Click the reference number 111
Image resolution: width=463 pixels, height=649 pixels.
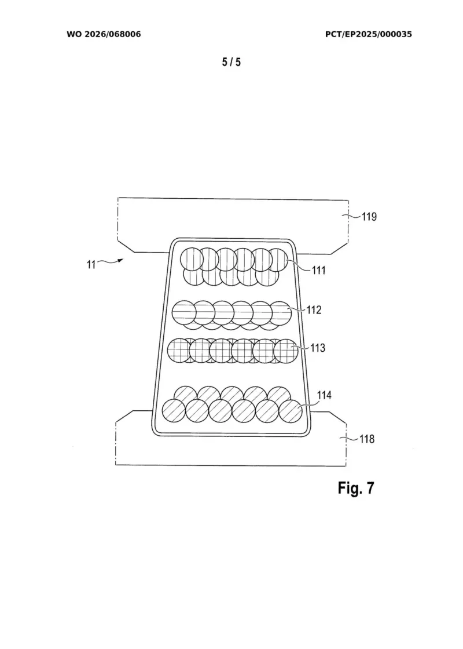(x=319, y=270)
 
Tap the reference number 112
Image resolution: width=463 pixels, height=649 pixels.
(x=314, y=310)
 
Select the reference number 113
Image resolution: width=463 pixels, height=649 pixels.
(x=318, y=348)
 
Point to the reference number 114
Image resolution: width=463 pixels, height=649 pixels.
(x=324, y=395)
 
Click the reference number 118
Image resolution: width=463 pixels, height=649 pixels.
(x=367, y=439)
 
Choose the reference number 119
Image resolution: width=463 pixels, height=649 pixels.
(x=369, y=217)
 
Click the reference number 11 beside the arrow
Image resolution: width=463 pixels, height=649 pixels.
(x=91, y=264)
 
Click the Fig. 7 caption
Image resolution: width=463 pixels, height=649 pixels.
(x=356, y=488)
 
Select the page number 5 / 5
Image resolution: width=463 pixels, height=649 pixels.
(x=231, y=62)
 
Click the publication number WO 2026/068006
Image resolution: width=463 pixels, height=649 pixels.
(x=104, y=34)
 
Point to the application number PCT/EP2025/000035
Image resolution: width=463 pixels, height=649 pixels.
(x=368, y=34)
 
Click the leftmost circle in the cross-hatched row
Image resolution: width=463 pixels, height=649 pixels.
(x=179, y=351)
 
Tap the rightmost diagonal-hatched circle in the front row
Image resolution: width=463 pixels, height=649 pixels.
(x=291, y=411)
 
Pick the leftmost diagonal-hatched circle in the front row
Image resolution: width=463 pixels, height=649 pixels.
(x=174, y=411)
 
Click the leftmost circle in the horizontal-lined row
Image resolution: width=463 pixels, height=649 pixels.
(x=183, y=312)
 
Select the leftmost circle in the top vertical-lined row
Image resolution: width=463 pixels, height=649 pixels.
(x=192, y=259)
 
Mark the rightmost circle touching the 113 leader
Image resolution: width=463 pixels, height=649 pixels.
(x=286, y=351)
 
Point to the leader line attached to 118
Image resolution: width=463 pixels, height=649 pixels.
(x=350, y=438)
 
